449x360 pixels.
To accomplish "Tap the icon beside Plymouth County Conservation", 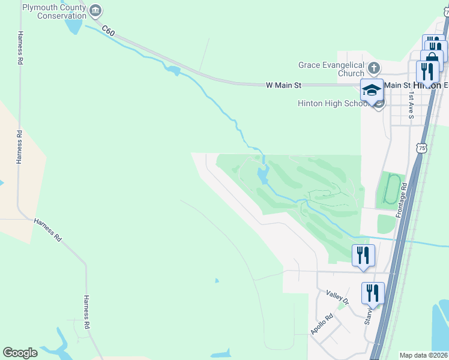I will coord(95,11).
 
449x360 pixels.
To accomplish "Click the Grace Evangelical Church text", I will coord(332,69).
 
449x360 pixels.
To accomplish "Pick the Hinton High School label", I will coord(334,103).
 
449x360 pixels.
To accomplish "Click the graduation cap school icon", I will coord(372,90).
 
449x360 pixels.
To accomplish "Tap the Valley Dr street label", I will coord(337,294).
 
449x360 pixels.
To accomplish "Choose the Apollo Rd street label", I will coord(321,325).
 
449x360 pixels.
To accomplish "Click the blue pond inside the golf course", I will coord(263,176).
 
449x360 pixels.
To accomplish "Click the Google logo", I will coord(20,353).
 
